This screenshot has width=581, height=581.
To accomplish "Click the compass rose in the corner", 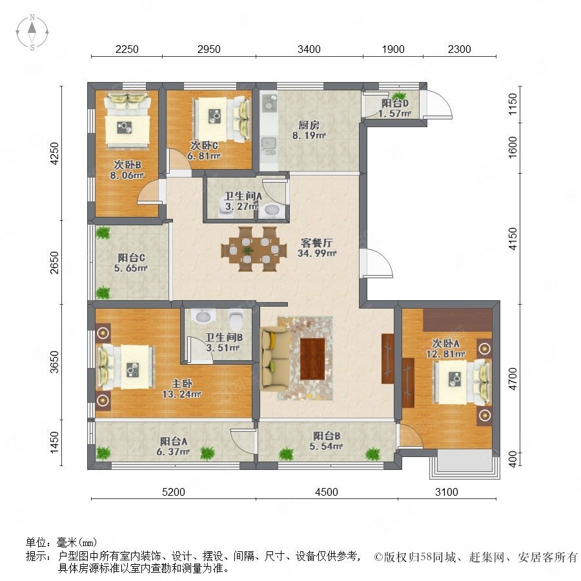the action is [32, 32].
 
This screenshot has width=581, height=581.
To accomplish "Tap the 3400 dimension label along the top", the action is [309, 49].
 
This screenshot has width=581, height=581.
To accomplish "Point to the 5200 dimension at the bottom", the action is [174, 492].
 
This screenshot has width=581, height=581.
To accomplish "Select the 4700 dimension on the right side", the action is [513, 379].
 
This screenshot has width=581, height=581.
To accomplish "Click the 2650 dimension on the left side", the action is [54, 262].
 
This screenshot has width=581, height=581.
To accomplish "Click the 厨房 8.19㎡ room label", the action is [309, 130].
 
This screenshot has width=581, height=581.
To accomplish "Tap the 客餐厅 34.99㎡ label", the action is [317, 248].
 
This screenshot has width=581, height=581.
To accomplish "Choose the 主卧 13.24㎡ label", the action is [181, 389].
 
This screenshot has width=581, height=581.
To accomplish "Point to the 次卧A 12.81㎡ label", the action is [445, 349].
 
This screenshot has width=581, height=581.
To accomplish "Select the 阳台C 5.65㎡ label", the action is [131, 263].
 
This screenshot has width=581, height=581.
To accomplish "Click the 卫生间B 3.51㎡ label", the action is [223, 342].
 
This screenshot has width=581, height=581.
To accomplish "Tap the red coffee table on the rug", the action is [312, 359].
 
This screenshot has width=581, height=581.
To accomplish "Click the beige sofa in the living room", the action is [275, 358].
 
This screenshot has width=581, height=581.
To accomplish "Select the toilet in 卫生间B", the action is [236, 319].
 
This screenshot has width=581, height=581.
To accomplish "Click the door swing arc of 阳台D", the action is [439, 104].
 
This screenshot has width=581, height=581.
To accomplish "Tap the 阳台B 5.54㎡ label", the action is [326, 441].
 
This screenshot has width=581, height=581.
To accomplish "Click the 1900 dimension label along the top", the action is [393, 49].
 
